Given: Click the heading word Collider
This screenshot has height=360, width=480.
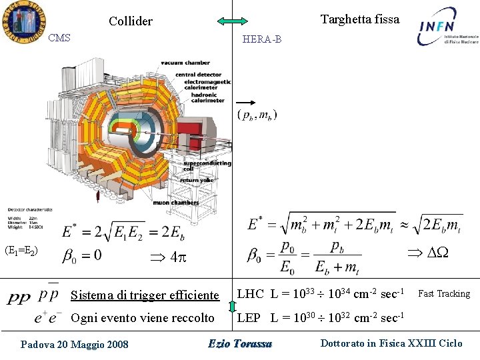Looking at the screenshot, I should click(131, 21).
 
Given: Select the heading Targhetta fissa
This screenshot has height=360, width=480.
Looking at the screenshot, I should click(359, 19).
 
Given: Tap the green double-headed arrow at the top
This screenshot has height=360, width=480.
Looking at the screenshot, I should click(232, 21).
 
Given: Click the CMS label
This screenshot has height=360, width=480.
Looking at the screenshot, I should click(59, 38).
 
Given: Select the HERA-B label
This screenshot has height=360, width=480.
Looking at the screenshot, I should click(262, 39).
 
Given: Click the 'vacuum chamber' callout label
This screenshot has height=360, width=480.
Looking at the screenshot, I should click(185, 63).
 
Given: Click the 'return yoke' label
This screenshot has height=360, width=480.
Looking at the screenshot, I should click(198, 180).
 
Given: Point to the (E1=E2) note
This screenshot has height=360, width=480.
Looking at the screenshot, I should click(21, 251).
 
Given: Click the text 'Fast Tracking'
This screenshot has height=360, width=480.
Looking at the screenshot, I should click(444, 293).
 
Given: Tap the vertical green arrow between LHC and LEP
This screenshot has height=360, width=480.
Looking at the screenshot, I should click(232, 307).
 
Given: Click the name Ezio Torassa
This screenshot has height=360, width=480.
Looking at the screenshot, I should click(240, 344).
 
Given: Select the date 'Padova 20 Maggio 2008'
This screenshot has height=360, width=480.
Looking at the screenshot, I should click(74, 344).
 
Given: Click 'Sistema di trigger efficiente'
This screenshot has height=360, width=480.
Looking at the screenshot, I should click(145, 295).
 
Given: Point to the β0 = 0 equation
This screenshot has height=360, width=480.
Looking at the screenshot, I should click(82, 255).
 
